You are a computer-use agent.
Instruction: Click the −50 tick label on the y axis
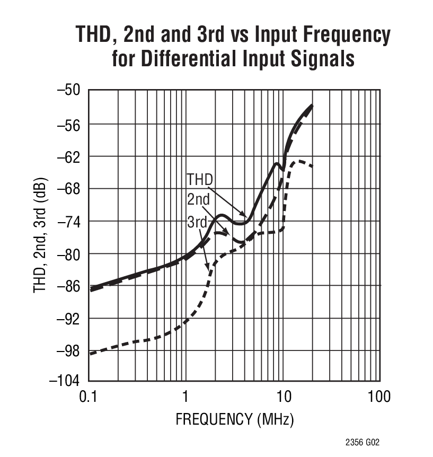tap(69, 90)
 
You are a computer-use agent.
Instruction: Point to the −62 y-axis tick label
tap(69, 156)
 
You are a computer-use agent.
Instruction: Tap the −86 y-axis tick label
tap(69, 286)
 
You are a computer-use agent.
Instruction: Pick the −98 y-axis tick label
tap(69, 350)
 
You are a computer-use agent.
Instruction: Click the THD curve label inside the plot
tap(199, 179)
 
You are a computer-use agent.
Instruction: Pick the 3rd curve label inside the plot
tap(197, 222)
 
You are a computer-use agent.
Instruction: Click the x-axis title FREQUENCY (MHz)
tap(234, 420)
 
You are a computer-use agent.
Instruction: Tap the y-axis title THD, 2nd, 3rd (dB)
tap(41, 235)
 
